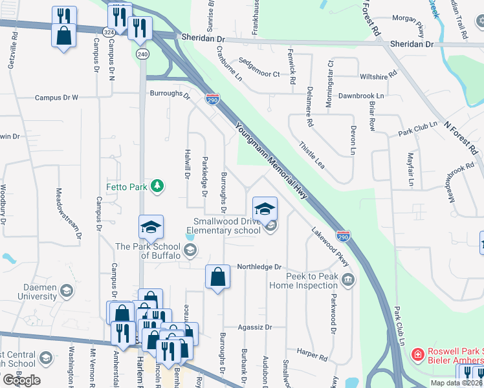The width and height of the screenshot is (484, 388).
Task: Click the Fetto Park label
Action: point(127,188)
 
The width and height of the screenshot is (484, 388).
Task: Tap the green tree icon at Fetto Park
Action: point(156,187)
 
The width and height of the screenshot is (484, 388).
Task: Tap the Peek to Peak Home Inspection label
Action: point(303,280)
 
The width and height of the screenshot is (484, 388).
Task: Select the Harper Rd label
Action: point(313,354)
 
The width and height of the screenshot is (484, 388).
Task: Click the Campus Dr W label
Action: point(56,98)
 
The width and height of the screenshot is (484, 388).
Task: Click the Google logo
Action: point(21,380)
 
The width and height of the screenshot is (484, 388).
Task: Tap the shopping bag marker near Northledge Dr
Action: point(218,277)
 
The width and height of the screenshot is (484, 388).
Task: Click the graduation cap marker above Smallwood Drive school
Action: point(264,209)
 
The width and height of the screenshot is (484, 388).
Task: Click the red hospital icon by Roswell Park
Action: point(418,354)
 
